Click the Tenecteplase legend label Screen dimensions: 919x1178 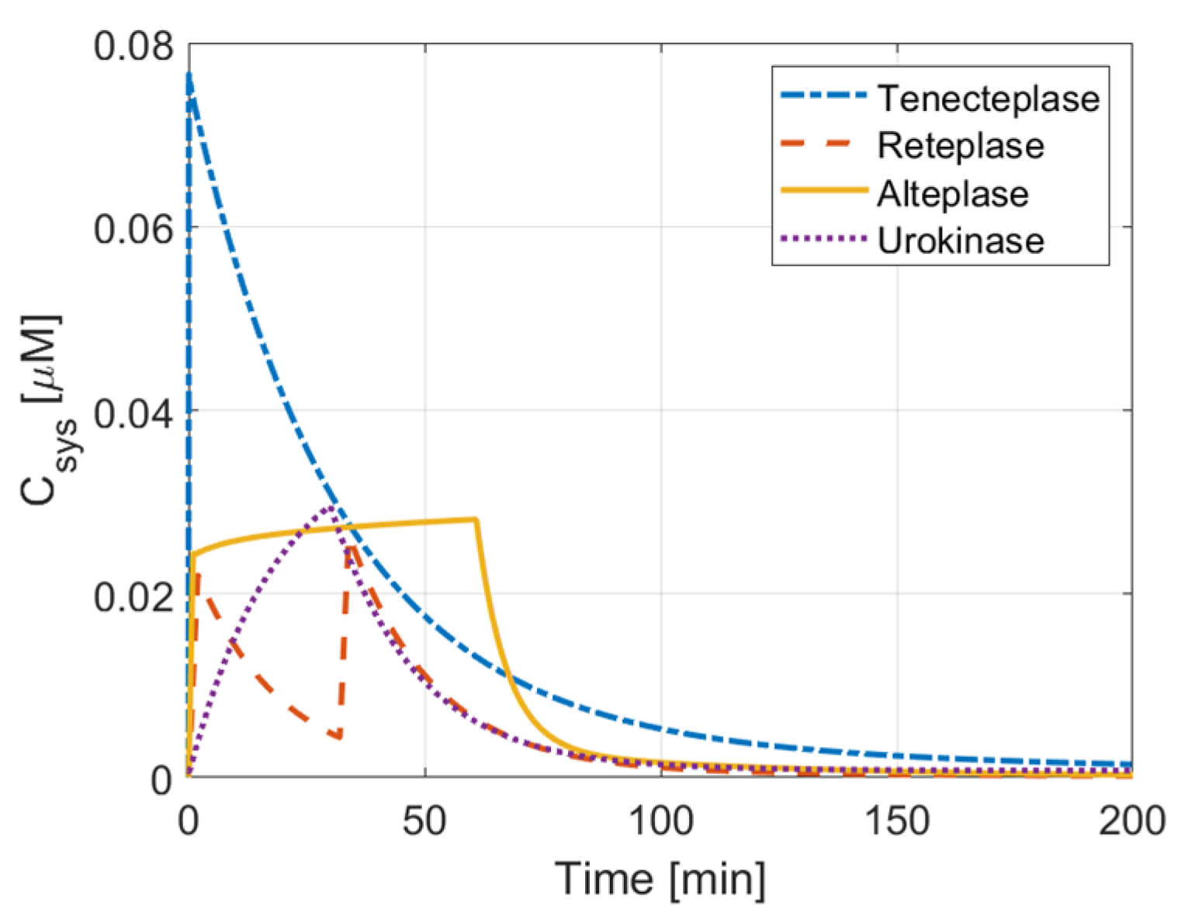click(988, 98)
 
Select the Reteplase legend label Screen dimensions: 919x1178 click(960, 146)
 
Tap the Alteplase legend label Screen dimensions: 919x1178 click(952, 194)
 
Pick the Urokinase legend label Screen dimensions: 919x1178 click(960, 241)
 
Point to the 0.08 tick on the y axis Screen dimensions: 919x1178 click(133, 47)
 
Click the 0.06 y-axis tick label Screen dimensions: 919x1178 click(133, 230)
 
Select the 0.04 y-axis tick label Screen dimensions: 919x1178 click(133, 413)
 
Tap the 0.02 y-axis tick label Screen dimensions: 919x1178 click(133, 596)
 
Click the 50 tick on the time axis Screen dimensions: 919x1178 click(424, 821)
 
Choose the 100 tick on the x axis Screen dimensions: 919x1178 click(661, 821)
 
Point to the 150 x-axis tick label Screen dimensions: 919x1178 click(897, 821)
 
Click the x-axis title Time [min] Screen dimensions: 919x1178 click(660, 879)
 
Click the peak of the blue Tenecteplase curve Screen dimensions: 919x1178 click(189, 74)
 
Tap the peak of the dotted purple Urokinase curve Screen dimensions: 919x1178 click(331, 508)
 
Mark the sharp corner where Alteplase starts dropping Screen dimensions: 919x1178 click(476, 519)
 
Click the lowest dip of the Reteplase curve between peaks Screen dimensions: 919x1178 click(338, 737)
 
